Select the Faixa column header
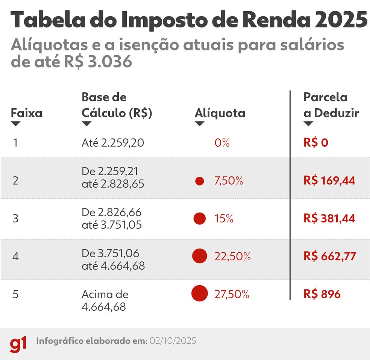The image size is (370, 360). (x=26, y=113)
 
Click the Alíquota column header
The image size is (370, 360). (x=220, y=113)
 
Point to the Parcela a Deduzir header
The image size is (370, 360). (x=331, y=105)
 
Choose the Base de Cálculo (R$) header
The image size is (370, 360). (x=117, y=105)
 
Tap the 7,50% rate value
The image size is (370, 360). (x=229, y=181)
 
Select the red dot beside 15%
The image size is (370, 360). (x=199, y=219)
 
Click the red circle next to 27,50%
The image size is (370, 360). (x=199, y=294)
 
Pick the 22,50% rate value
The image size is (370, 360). (x=232, y=256)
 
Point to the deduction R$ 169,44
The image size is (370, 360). (x=329, y=181)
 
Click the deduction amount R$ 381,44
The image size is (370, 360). (x=329, y=219)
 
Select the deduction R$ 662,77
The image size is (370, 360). (x=329, y=256)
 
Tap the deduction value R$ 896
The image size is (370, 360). (x=322, y=294)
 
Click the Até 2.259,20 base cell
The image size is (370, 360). (x=112, y=143)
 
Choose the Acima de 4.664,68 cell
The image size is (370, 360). (x=105, y=300)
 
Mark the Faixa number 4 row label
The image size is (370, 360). (x=15, y=256)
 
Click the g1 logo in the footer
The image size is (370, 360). (x=18, y=344)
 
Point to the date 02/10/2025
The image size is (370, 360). (x=173, y=341)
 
